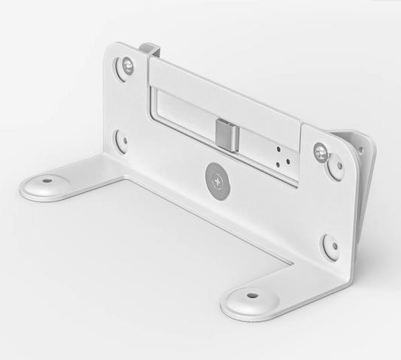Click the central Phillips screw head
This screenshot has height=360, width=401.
click(x=215, y=180)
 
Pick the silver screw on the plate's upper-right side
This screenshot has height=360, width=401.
click(x=322, y=153)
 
